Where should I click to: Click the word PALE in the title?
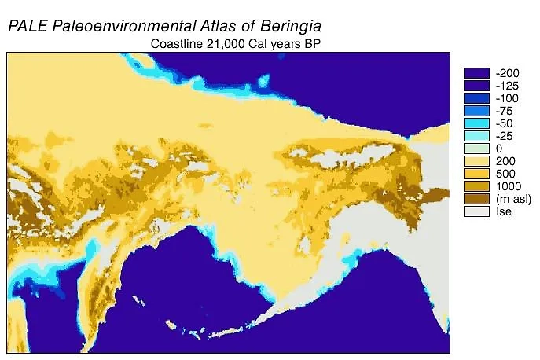28,25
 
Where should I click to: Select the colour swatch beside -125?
476,86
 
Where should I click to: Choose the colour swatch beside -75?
476,111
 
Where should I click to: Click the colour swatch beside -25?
476,136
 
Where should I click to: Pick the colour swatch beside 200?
476,161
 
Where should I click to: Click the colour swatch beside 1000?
476,186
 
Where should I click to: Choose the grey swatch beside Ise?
476,211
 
